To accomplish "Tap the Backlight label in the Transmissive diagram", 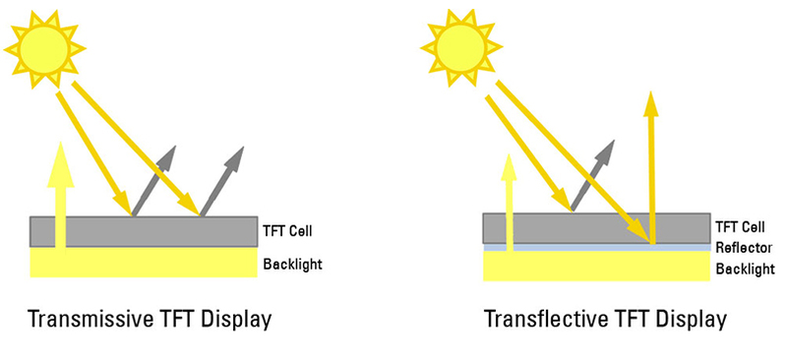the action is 292,264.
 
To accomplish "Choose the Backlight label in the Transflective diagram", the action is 744,268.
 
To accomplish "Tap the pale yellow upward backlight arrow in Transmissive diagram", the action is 63,197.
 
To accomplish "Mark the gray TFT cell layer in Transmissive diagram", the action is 144,231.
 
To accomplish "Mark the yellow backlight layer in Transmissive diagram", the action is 144,262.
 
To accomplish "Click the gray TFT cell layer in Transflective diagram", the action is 595,227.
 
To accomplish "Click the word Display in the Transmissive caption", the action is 232,320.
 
